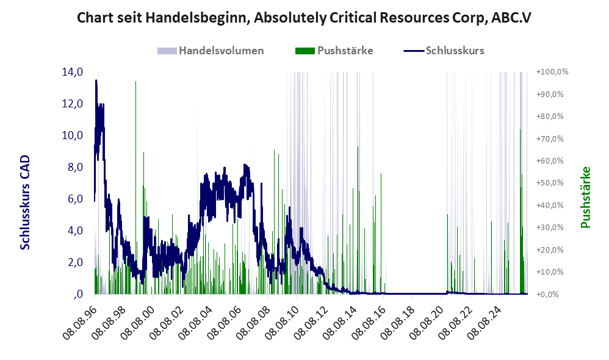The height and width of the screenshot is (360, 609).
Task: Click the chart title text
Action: pyautogui.click(x=304, y=18)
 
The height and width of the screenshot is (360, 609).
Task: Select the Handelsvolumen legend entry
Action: pyautogui.click(x=211, y=51)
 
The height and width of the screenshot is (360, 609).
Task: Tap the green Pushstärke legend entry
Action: pyautogui.click(x=334, y=51)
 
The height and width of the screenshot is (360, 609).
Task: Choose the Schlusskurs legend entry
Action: pyautogui.click(x=444, y=51)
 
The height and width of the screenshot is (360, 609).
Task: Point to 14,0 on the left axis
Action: pyautogui.click(x=73, y=72)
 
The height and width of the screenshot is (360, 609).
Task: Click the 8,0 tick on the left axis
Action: pyautogui.click(x=75, y=167)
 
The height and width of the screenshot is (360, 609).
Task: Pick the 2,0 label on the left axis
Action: pyautogui.click(x=75, y=262)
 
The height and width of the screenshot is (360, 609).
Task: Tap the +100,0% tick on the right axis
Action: pyautogui.click(x=552, y=72)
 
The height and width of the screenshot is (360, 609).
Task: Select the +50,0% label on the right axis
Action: pyautogui.click(x=550, y=183)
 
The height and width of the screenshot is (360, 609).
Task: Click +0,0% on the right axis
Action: pyautogui.click(x=547, y=294)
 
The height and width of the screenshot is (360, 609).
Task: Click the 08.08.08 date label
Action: pyautogui.click(x=254, y=322)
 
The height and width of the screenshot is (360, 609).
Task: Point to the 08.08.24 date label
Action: pyautogui.click(x=485, y=322)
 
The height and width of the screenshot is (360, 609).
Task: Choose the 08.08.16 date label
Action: pyautogui.click(x=370, y=322)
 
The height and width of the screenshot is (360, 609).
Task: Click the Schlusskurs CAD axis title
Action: pyautogui.click(x=25, y=203)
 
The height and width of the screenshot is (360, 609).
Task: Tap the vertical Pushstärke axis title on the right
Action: pyautogui.click(x=585, y=197)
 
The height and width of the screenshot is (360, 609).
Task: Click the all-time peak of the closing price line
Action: pyautogui.click(x=96, y=81)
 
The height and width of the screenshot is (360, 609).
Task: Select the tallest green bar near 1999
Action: pyautogui.click(x=135, y=187)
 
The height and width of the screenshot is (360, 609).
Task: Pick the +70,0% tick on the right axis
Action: pyautogui.click(x=550, y=139)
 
